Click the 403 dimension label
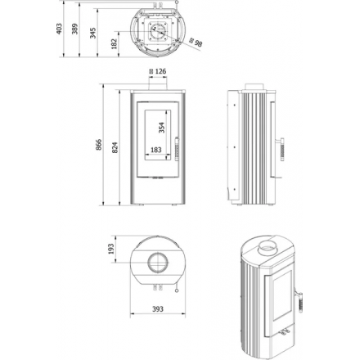click(x=59, y=29)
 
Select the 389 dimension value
click(x=74, y=29)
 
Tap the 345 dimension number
click(x=93, y=33)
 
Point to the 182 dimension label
click(x=114, y=43)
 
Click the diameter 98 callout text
click(x=196, y=43)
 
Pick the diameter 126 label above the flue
click(x=158, y=71)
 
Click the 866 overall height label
click(x=99, y=145)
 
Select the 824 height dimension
click(x=115, y=147)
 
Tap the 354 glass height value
click(x=162, y=128)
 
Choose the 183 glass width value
click(x=156, y=150)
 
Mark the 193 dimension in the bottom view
click(x=111, y=249)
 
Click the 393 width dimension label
click(x=158, y=309)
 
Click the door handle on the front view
click(x=177, y=149)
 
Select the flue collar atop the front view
click(x=158, y=83)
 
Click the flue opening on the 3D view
click(x=268, y=248)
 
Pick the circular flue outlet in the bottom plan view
click(x=158, y=263)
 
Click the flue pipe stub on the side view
click(x=254, y=87)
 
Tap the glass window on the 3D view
click(x=282, y=296)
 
